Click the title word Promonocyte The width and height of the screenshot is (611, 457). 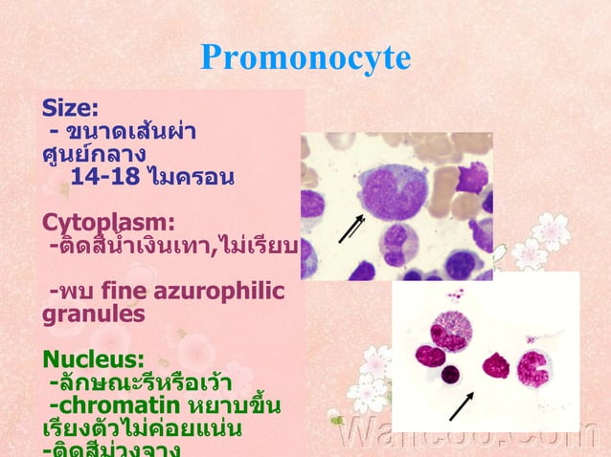pyautogui.click(x=305, y=58)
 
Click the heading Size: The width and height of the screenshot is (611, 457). pyautogui.click(x=70, y=106)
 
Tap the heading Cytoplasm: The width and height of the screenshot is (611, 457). pyautogui.click(x=108, y=223)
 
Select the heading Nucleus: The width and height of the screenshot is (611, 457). pyautogui.click(x=93, y=360)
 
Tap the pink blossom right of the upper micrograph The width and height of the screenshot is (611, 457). pyautogui.click(x=552, y=229)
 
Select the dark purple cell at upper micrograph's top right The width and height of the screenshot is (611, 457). pyautogui.click(x=472, y=177)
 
